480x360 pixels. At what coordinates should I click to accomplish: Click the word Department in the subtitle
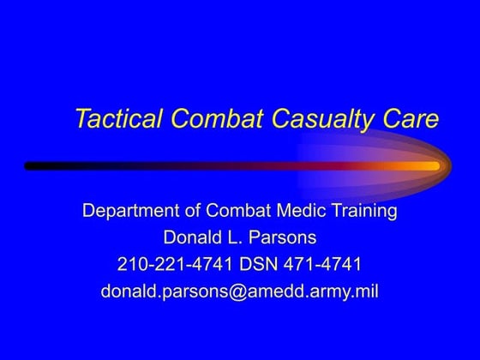point(129,211)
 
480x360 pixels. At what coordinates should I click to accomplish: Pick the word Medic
point(303,211)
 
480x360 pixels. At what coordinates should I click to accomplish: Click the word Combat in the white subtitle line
point(244,211)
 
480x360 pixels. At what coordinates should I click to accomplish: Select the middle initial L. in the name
point(237,237)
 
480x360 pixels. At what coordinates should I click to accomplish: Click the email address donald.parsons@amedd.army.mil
point(239,291)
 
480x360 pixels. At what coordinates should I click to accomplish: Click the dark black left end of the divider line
point(34,165)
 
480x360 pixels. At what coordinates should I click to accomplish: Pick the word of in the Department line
point(194,211)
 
